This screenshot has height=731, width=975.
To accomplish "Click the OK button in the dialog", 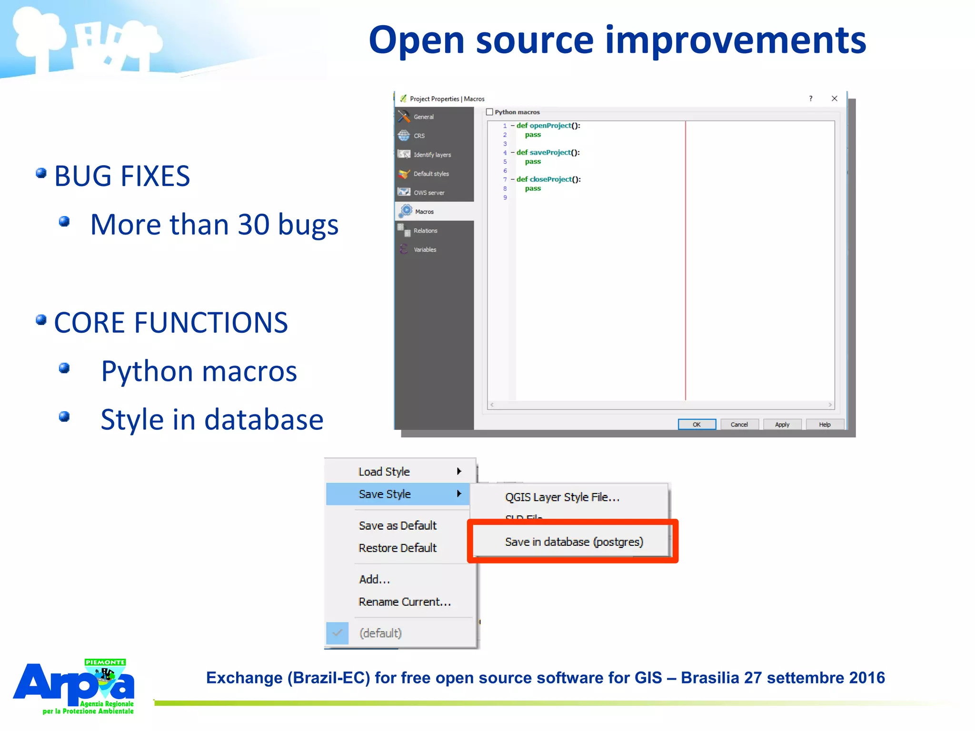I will [696, 425].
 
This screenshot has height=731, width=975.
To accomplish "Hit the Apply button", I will [782, 425].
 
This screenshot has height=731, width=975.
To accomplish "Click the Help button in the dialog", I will [825, 425].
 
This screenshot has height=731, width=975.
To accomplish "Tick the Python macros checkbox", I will [489, 112].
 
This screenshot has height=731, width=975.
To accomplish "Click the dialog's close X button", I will [834, 99].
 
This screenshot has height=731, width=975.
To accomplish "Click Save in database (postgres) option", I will [574, 542].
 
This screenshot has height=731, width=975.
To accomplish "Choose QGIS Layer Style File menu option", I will [562, 497].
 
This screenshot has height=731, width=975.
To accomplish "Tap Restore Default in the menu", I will [398, 548].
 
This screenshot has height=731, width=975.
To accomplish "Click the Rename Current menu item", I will [405, 602].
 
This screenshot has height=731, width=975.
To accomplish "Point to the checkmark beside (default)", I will [338, 633].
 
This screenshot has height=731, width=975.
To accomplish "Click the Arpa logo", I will [74, 686].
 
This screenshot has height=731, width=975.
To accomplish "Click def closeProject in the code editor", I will [548, 179].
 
